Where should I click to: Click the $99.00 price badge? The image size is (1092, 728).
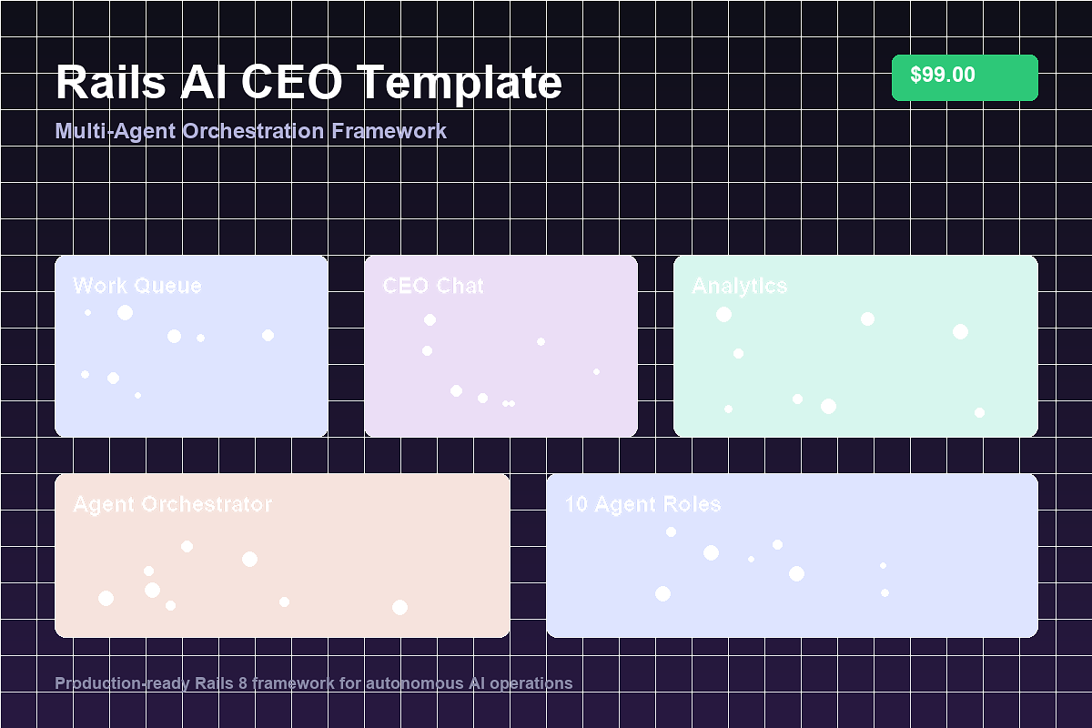[x=965, y=77]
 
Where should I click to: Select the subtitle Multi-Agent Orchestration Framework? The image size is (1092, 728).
[x=251, y=131]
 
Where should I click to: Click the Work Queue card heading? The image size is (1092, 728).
[x=137, y=286]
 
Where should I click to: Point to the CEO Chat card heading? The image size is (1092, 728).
[x=433, y=286]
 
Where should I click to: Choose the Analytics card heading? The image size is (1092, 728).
[x=740, y=286]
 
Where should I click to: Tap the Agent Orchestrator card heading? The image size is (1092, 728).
[x=172, y=504]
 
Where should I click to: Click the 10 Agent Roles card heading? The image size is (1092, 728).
[x=642, y=504]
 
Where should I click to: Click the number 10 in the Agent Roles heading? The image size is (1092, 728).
[x=576, y=504]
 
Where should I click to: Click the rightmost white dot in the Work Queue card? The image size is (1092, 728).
[x=268, y=335]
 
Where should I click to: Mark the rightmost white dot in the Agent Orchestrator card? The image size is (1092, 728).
[x=399, y=607]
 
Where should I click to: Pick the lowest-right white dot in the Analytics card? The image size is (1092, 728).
[x=979, y=412]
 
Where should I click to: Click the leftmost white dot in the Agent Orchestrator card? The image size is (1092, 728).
[x=106, y=598]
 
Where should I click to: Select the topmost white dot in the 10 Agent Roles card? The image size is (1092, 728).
[x=671, y=531]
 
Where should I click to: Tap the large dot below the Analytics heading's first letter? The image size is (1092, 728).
[x=723, y=314]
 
